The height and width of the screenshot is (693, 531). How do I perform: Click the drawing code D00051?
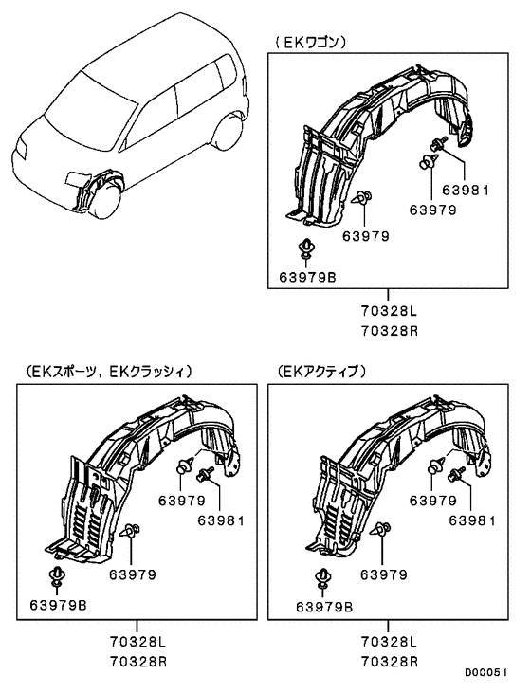tap(485, 672)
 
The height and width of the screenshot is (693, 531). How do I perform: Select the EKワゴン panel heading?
tap(310, 42)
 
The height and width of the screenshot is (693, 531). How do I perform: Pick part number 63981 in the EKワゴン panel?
tap(466, 190)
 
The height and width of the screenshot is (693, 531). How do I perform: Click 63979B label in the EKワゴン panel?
tap(308, 277)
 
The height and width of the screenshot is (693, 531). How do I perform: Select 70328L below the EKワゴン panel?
tap(389, 311)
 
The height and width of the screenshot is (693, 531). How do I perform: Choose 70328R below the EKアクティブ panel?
tap(389, 661)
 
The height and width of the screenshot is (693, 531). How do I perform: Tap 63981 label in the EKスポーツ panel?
tap(221, 520)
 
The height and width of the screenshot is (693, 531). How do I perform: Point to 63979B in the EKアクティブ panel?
tap(324, 608)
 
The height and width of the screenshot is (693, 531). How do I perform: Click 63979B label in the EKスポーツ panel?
tap(59, 605)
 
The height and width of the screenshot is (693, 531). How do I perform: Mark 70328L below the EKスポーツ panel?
tap(137, 641)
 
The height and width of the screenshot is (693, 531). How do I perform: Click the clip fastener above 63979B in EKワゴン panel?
tap(306, 248)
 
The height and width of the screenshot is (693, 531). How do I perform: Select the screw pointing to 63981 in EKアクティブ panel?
tap(456, 474)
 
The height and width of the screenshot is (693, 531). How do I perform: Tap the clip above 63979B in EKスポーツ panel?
tap(57, 576)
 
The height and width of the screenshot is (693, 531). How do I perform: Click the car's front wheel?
tap(105, 203)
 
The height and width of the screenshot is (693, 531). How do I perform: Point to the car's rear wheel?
tap(229, 132)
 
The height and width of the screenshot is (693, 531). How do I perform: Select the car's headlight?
tap(20, 148)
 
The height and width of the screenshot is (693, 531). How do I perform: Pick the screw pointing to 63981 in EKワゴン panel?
tap(438, 143)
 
